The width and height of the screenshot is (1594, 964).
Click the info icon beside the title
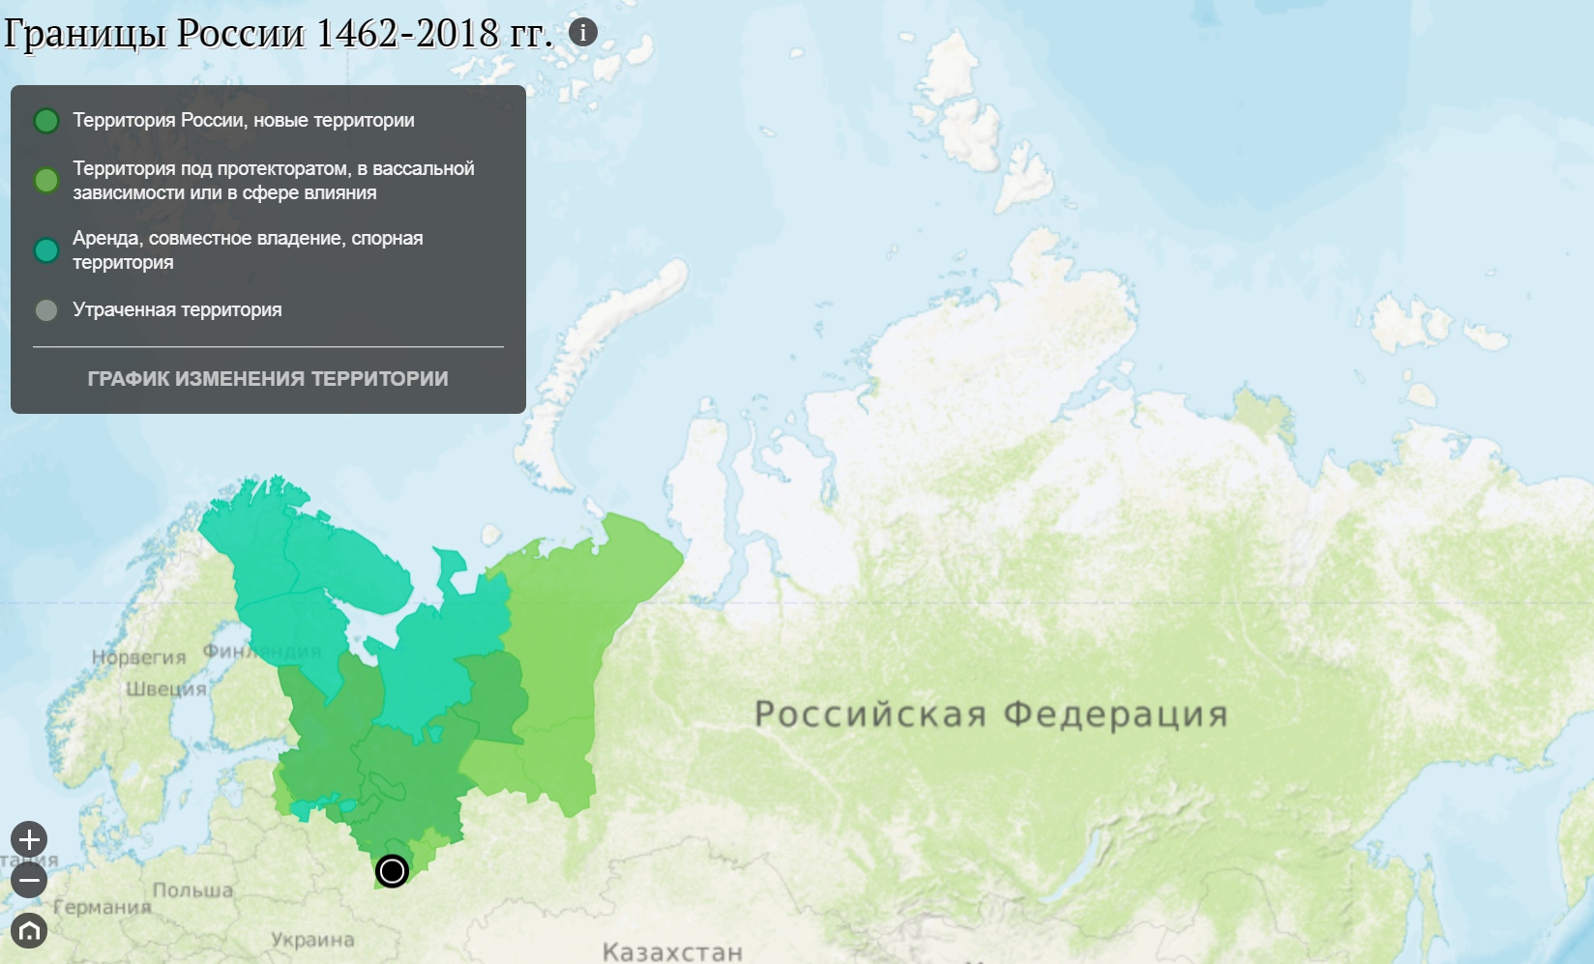point(582,33)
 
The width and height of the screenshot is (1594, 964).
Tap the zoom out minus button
point(29,880)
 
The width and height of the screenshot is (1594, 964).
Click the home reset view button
point(29,930)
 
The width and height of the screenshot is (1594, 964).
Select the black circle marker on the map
point(392,871)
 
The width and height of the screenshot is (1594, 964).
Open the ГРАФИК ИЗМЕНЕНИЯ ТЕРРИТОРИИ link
point(268,379)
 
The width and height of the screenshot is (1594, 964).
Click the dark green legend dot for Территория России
point(46,121)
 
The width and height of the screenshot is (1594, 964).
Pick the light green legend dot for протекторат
point(46,181)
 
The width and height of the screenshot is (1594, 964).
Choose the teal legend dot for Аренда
point(46,250)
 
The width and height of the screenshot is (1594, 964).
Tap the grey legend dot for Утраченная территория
point(46,310)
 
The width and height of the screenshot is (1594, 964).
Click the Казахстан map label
point(672,952)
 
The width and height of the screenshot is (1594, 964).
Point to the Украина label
point(312,940)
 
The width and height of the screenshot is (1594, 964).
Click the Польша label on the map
point(192,891)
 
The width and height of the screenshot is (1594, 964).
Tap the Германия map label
point(102,907)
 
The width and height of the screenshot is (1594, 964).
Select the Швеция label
point(166,688)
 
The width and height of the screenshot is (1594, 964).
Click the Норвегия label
point(138,657)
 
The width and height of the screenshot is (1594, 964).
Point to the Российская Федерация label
point(990,715)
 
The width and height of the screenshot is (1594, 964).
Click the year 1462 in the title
point(357,34)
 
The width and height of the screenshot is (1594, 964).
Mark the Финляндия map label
point(261,651)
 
